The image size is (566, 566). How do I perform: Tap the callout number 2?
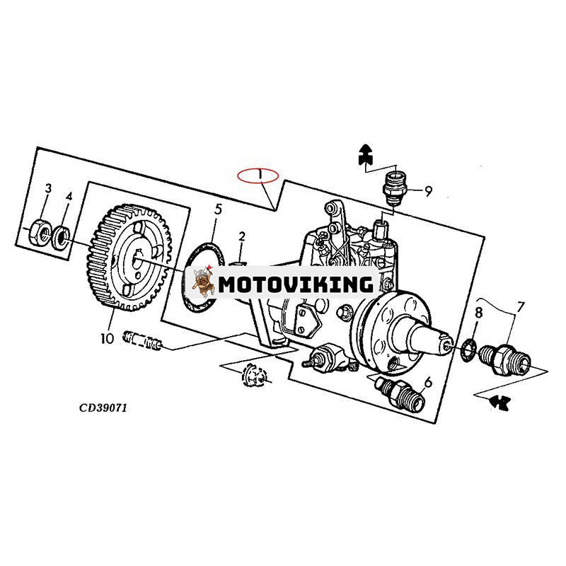[241, 236]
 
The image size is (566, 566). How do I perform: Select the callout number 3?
[48, 188]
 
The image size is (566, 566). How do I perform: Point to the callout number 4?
[69, 196]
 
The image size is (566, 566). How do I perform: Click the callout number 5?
[218, 209]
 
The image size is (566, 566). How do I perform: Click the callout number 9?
[428, 190]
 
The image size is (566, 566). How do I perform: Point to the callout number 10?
[107, 338]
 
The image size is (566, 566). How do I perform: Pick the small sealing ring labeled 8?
[468, 349]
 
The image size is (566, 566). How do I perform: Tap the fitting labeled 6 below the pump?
[398, 395]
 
